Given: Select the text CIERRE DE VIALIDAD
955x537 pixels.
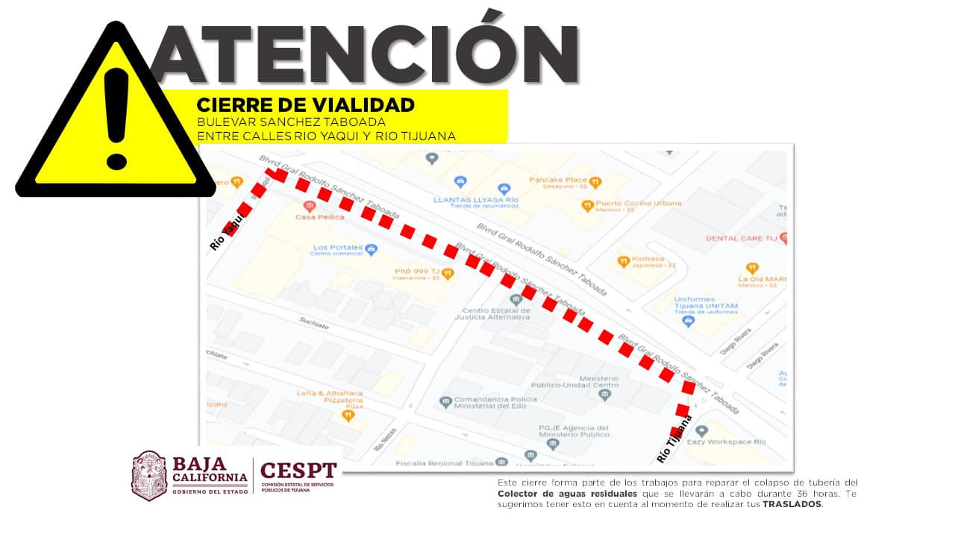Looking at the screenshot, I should click(305, 105).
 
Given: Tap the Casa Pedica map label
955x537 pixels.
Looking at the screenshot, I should click(320, 216).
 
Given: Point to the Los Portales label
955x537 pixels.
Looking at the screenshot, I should click(338, 248).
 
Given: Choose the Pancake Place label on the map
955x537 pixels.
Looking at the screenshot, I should click(558, 180).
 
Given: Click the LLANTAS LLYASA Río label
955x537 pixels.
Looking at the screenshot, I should click(476, 200).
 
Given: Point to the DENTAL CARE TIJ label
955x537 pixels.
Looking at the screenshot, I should click(742, 239).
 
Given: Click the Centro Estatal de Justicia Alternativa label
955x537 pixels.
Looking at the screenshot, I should click(492, 313).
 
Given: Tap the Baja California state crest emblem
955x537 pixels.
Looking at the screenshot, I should click(148, 475).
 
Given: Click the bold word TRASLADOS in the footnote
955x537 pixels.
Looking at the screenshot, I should click(791, 504).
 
